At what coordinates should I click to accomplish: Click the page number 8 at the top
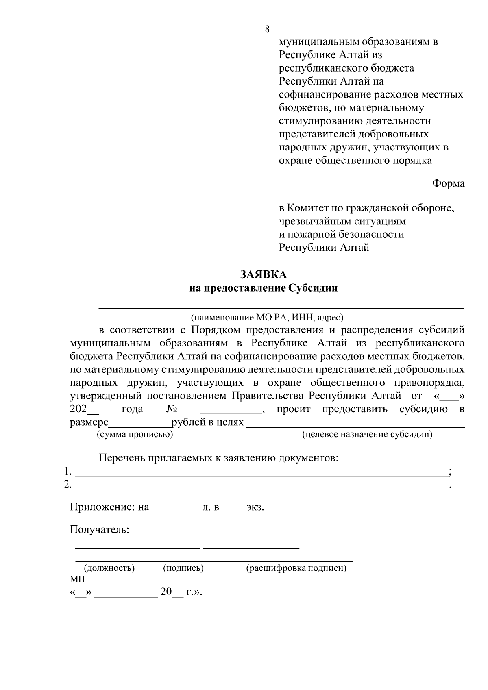pos(267,29)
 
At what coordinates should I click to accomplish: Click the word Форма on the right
pos(448,183)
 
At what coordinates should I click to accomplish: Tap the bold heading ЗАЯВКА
pos(263,275)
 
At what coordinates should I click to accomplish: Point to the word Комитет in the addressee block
pos(306,208)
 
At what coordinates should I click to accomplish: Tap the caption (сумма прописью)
pos(135,434)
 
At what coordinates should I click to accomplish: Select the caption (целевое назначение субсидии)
pos(367,434)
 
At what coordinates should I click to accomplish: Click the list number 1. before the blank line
pos(68,472)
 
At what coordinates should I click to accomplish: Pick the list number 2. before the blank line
pos(68,485)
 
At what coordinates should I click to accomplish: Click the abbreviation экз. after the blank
pos(255,507)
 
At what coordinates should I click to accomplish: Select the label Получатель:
pos(99,530)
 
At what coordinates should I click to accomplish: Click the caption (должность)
pos(109,568)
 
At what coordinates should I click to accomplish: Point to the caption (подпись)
pos(183,568)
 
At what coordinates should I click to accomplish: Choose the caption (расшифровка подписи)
pos(296,568)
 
